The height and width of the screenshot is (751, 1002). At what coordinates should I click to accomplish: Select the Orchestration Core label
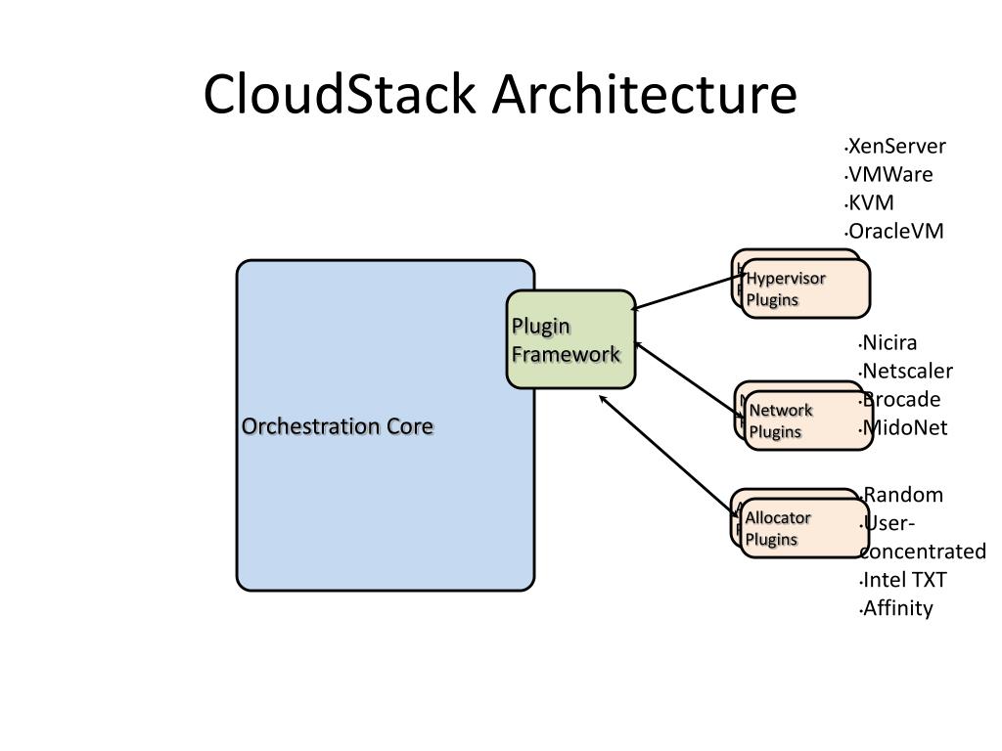click(x=338, y=426)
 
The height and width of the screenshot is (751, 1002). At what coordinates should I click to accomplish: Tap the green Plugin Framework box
click(x=570, y=339)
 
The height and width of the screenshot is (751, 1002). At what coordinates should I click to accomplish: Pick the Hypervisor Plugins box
click(x=805, y=288)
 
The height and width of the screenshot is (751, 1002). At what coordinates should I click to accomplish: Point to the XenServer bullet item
click(x=896, y=147)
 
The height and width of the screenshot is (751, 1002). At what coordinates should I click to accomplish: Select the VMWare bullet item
click(x=889, y=174)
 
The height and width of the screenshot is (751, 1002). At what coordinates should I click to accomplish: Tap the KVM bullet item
click(x=870, y=202)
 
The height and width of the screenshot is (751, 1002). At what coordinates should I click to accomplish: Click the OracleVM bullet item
click(x=894, y=231)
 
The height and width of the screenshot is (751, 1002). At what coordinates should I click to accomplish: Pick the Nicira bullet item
click(x=888, y=343)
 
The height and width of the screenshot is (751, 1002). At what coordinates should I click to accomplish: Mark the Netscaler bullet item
click(x=906, y=371)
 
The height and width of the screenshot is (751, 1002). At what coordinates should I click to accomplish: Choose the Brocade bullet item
click(x=900, y=399)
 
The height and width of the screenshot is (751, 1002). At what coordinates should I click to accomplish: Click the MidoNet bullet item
click(x=903, y=427)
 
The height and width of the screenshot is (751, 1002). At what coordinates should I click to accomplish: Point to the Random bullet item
click(x=901, y=495)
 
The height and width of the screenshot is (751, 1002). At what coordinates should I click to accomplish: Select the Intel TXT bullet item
click(x=903, y=580)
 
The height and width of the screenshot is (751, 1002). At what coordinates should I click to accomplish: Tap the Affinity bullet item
click(x=896, y=608)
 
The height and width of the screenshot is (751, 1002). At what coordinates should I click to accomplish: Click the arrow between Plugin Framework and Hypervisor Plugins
click(x=689, y=292)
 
